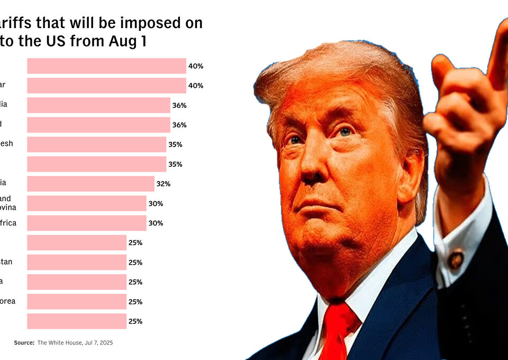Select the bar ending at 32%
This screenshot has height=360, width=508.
pos(90,184)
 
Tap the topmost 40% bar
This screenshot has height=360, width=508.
pos(106,66)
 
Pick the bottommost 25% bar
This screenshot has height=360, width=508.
pos(77,321)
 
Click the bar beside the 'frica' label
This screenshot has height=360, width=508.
pos(86,223)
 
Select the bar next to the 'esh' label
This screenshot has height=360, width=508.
pos(96,145)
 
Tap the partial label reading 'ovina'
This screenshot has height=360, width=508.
pos(7,207)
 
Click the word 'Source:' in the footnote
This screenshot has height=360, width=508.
pos(24,343)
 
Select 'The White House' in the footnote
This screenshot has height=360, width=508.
pos(58,343)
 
